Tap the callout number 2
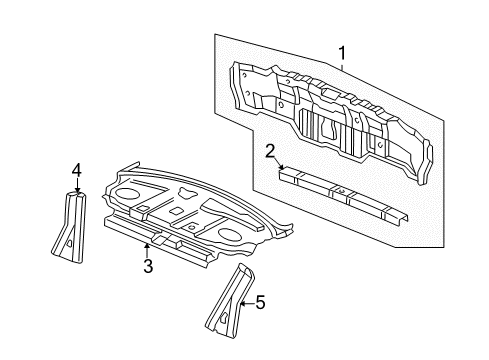tap(270, 151)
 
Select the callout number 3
tap(147, 265)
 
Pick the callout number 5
tap(260, 302)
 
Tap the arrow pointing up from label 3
tap(147, 245)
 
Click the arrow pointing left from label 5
tap(244, 301)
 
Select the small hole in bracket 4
tap(70, 241)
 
